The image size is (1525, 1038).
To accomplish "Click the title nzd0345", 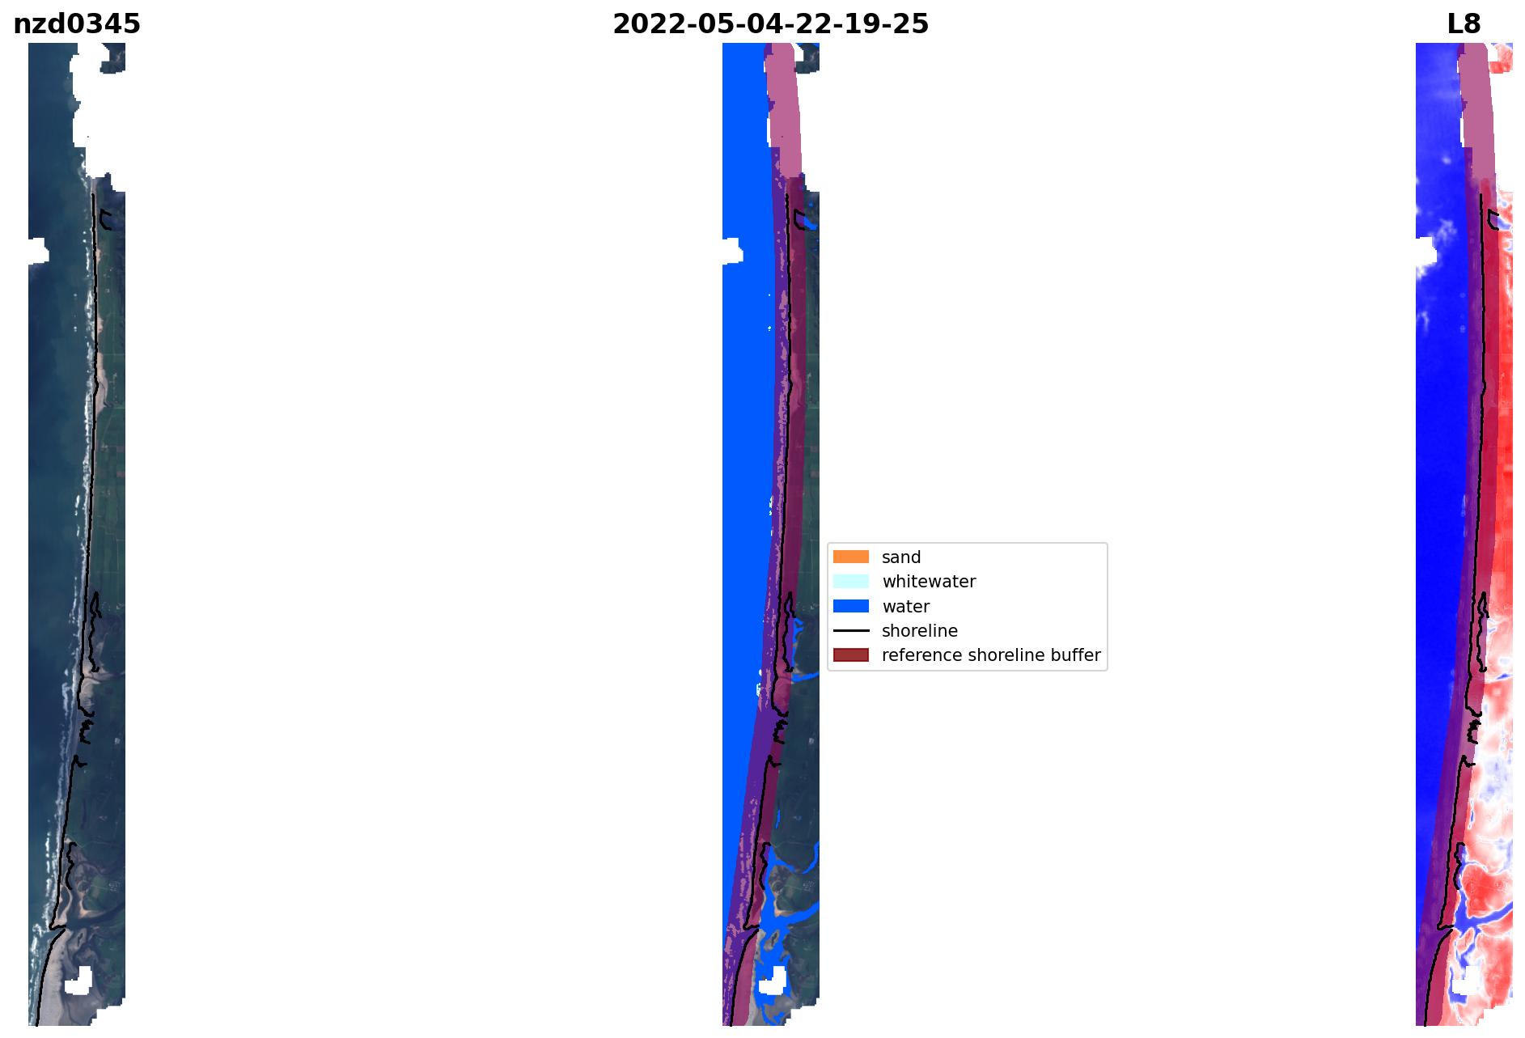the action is pos(77,24).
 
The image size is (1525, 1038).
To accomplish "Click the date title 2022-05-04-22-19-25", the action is pos(770,24).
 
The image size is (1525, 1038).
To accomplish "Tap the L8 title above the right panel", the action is pos(1464,24).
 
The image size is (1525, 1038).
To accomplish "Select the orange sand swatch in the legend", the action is pos(851,557).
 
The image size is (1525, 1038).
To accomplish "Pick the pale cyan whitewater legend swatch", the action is pos(851,581).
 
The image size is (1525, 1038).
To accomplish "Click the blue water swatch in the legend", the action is pos(851,606).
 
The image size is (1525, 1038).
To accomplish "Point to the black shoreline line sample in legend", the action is pos(851,630).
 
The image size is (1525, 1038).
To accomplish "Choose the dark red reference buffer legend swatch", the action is pos(851,655).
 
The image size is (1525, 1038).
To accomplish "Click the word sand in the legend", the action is pos(901,557).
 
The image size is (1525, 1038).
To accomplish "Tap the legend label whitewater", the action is pos(929,582).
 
